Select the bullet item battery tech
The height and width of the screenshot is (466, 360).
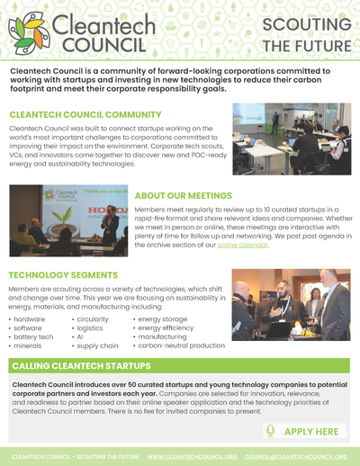coord(34,336)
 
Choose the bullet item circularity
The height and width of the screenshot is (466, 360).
coord(93,318)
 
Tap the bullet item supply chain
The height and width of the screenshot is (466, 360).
coord(97,345)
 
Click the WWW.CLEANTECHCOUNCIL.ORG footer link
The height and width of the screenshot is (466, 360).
coord(192,457)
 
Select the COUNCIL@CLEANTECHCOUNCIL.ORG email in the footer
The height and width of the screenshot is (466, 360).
coord(296,457)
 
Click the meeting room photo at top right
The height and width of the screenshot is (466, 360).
coord(291,139)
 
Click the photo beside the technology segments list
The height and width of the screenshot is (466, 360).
coord(291,305)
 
